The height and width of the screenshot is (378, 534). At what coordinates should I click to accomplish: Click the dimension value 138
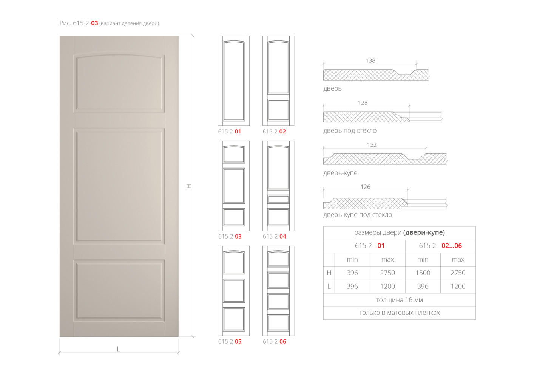coord(370,60)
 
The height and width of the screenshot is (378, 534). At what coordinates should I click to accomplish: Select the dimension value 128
coord(363,102)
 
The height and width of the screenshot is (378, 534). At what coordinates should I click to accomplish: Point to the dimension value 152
coord(372,145)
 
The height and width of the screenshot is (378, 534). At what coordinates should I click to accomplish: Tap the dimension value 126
coord(366,187)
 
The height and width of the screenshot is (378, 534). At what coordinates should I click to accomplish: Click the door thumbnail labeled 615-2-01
coord(234,81)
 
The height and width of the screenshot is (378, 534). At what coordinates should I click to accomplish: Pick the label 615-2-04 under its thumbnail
coord(275,237)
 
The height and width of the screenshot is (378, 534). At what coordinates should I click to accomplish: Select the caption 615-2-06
coord(275,341)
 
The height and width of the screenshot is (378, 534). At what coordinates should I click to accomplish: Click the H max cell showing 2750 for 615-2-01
coord(387,273)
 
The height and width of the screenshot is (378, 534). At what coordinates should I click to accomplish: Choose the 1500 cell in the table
coord(423,273)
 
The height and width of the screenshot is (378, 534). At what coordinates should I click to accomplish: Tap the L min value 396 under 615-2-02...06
coord(423,286)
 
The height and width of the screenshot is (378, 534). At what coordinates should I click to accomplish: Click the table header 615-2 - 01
coord(369,246)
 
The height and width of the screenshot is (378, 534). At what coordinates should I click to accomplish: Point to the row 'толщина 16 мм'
coord(399,300)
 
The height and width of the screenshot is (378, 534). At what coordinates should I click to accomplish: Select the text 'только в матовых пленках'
coord(399,313)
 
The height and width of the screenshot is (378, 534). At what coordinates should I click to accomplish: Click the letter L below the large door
coord(118,349)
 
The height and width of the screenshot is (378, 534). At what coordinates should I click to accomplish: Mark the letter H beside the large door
coord(189,186)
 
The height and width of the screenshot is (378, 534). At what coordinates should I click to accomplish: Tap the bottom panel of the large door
coord(119,291)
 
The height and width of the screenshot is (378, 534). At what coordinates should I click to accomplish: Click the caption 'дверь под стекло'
coord(350,130)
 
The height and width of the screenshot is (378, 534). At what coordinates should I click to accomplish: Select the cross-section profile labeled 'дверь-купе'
coord(385,159)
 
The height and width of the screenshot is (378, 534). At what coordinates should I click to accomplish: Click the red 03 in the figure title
coord(94,23)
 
